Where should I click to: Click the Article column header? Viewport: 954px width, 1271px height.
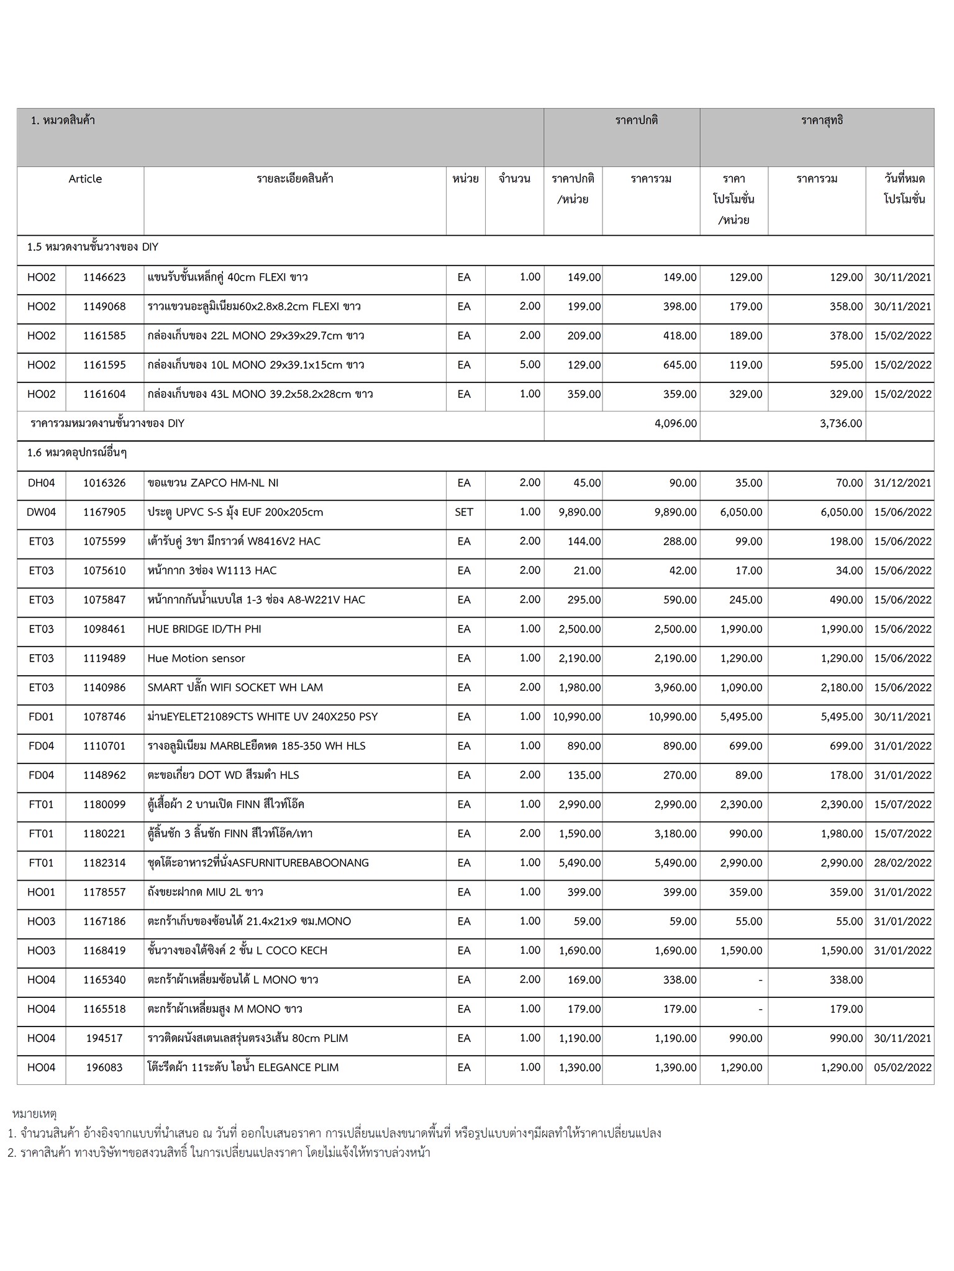click(x=85, y=179)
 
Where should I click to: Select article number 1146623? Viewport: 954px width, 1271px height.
click(x=104, y=277)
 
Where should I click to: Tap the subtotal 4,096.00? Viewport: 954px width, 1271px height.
click(x=676, y=424)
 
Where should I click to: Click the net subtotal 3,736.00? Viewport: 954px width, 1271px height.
click(x=841, y=424)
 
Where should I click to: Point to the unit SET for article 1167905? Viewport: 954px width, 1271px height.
click(x=464, y=513)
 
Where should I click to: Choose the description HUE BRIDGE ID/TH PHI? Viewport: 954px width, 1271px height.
click(x=204, y=629)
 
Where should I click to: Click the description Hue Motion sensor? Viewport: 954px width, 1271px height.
click(x=196, y=658)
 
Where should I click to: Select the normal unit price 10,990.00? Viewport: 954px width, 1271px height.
click(x=576, y=717)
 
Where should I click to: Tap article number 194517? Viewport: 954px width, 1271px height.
click(x=104, y=1038)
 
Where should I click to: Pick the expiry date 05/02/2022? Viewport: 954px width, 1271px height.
click(x=902, y=1067)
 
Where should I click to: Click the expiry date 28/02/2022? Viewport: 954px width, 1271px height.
click(x=902, y=863)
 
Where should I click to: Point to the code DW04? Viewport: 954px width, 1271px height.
click(x=42, y=513)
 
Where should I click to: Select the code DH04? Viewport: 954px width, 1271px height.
click(x=42, y=483)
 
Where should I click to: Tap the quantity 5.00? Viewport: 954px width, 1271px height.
click(x=530, y=365)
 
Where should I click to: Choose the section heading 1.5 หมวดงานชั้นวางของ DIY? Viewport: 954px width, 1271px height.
click(x=93, y=247)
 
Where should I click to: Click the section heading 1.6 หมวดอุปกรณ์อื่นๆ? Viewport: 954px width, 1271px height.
click(x=77, y=453)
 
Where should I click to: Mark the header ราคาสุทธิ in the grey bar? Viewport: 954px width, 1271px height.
click(x=822, y=120)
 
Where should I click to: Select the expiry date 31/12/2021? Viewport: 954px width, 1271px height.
click(x=902, y=483)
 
